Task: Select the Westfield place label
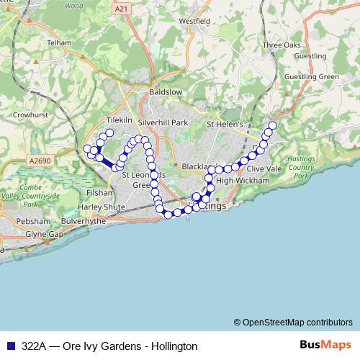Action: [194, 22]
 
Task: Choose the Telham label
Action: [59, 43]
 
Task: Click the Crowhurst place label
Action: [30, 114]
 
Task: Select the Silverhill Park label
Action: [163, 123]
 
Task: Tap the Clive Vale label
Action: [264, 168]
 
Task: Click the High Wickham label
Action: [237, 180]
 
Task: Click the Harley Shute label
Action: [106, 207]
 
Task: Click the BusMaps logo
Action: [325, 345]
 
